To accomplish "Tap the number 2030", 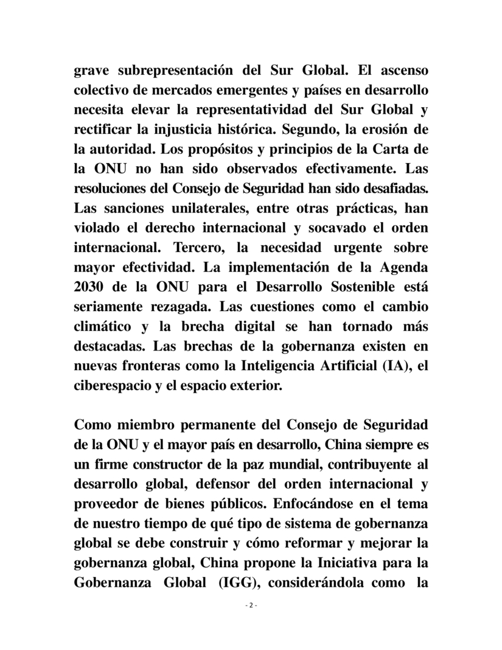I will [x=89, y=287].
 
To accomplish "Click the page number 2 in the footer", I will [x=251, y=606].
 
